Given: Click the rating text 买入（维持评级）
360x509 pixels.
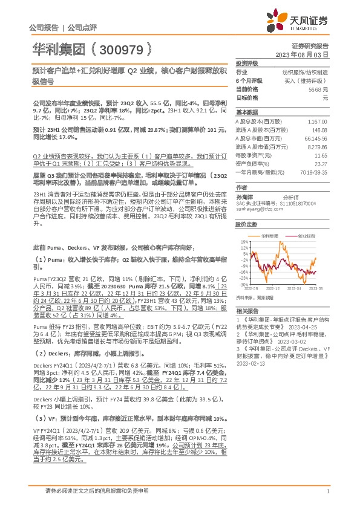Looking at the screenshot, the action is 307,80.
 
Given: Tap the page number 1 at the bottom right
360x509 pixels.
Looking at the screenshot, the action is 327,491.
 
